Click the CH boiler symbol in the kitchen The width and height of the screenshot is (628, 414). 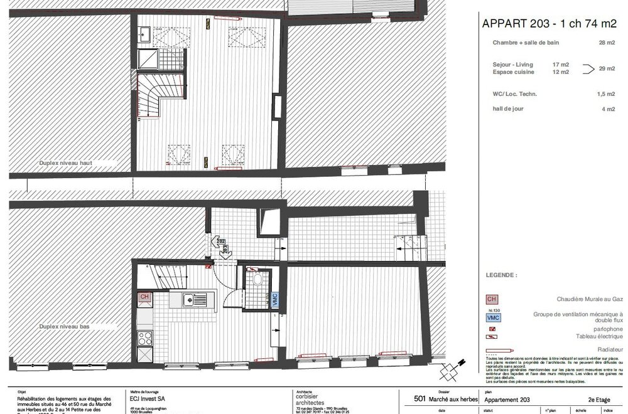(x=144, y=297)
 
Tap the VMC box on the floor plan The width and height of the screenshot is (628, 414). (x=274, y=299)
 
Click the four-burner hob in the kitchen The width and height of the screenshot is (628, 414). (x=145, y=338)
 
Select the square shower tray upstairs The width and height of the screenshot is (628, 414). (x=149, y=60)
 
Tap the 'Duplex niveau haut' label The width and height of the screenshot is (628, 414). (x=65, y=162)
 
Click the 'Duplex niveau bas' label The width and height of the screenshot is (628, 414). (x=65, y=326)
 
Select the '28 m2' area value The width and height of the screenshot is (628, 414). (x=606, y=43)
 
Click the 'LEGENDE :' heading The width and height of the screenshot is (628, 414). (x=501, y=275)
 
